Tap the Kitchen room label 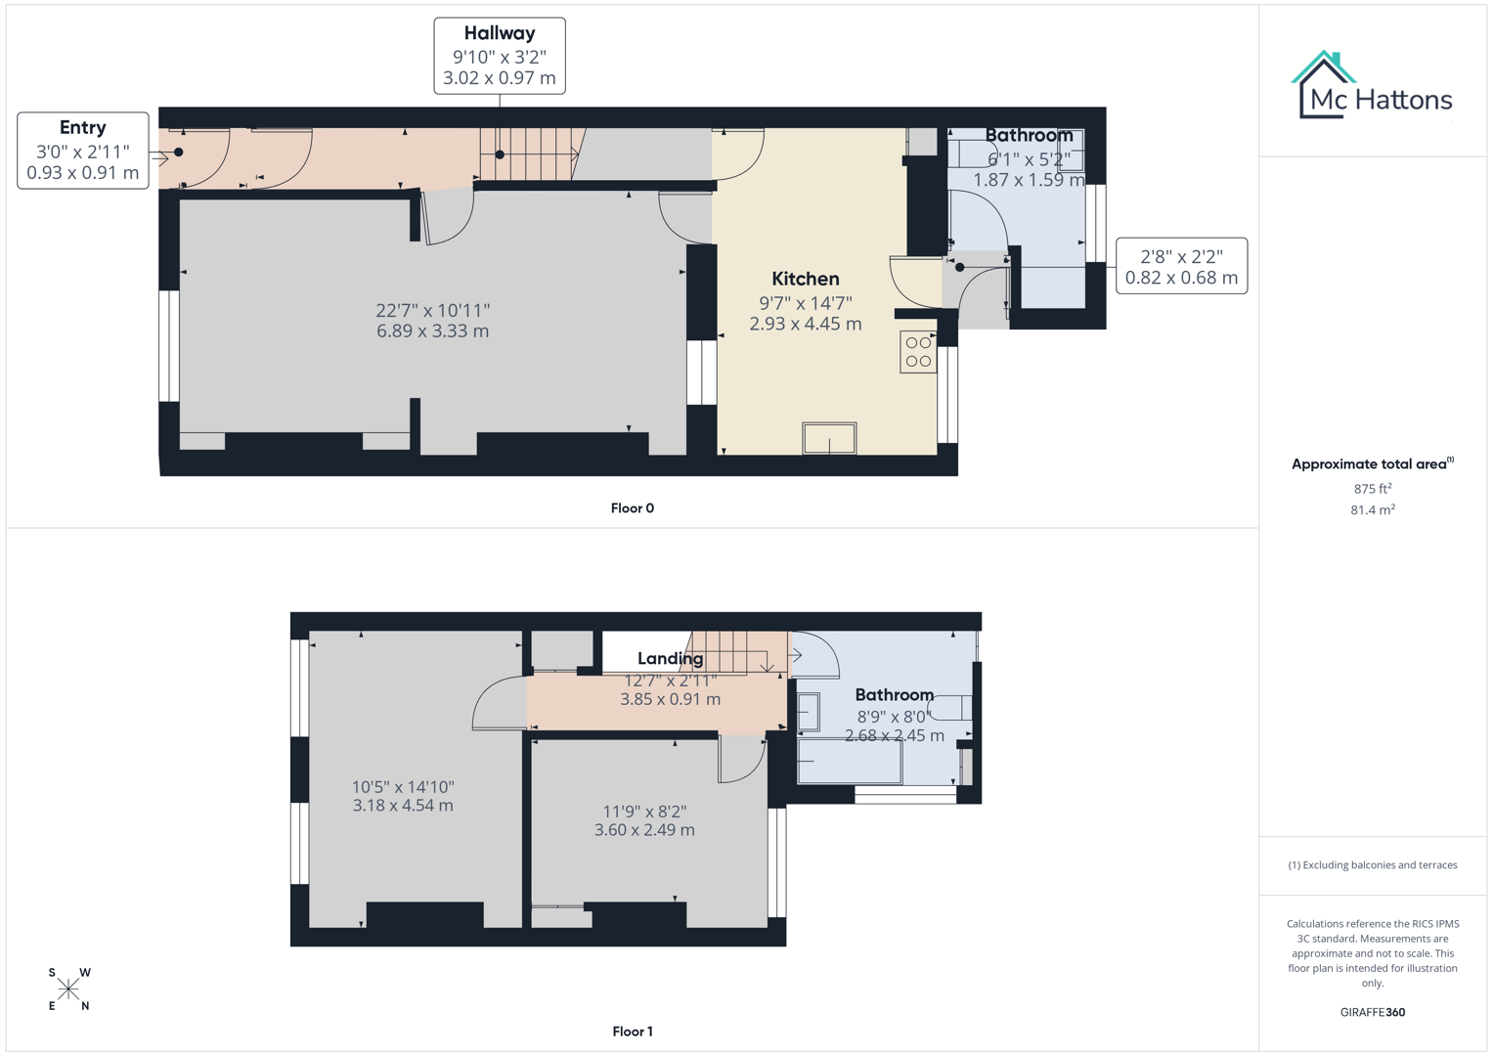[806, 279]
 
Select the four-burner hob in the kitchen [918, 352]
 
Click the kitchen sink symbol [829, 438]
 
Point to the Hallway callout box [500, 56]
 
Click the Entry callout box [83, 151]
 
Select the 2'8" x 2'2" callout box [1181, 266]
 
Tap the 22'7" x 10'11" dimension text [433, 321]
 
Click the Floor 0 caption [633, 508]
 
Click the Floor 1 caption [633, 1032]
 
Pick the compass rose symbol [68, 989]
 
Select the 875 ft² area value [1373, 489]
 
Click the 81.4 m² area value [1373, 509]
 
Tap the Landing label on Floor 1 [670, 659]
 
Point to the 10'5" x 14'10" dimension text [403, 796]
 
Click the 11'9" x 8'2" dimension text [644, 820]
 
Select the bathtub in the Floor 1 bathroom [850, 762]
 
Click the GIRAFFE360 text [1373, 1012]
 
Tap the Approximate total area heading [1372, 464]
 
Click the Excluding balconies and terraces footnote [1373, 865]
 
